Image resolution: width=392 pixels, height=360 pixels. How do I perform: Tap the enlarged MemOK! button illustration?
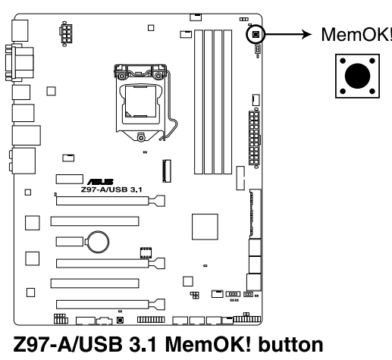357,75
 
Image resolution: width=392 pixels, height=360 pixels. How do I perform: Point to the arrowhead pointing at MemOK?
309,34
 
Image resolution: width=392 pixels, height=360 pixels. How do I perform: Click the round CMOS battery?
97,241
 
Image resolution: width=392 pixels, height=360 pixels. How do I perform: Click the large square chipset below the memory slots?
205,227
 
